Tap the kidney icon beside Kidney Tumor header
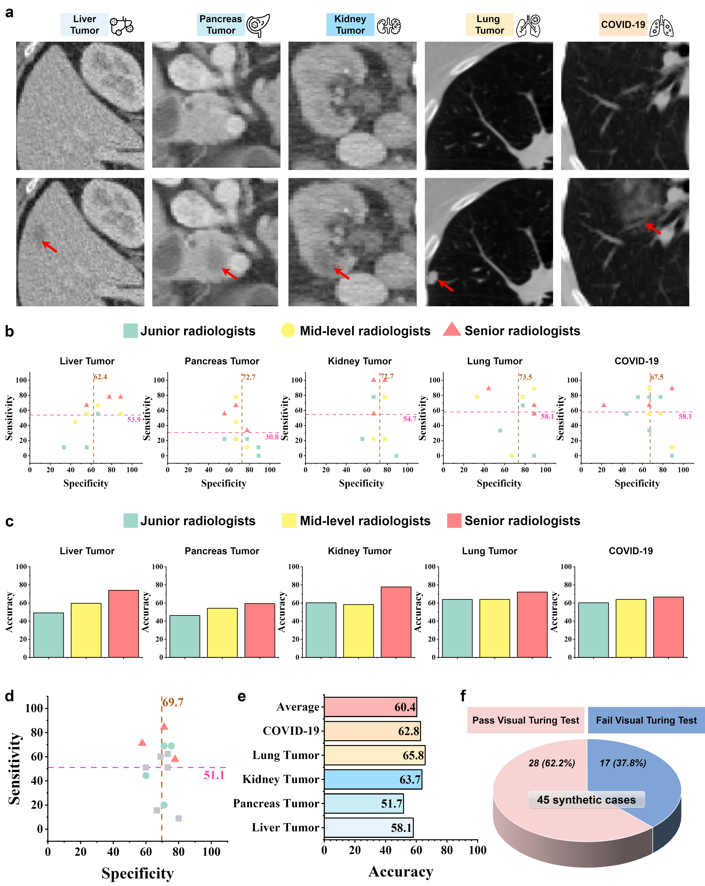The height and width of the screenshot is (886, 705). [x=389, y=25]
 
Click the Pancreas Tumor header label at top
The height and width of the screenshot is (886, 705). [x=221, y=25]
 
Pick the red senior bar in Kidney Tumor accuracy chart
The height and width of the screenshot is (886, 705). [x=396, y=622]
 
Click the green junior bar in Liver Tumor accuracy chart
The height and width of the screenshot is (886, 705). [x=48, y=635]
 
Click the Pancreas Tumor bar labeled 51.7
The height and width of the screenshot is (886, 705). [x=363, y=803]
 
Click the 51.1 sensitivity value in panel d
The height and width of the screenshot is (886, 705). [x=214, y=775]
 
